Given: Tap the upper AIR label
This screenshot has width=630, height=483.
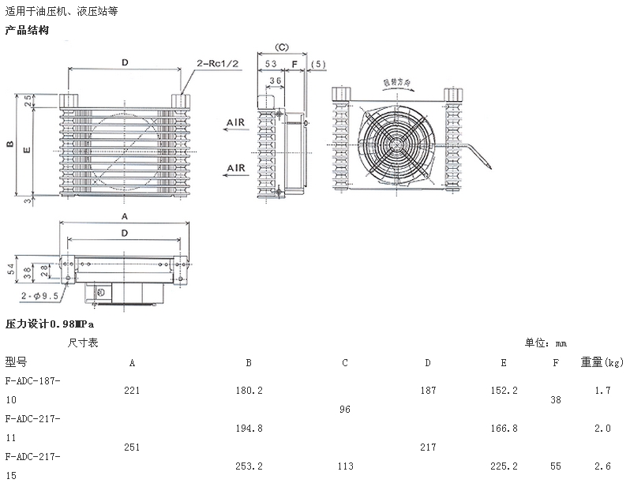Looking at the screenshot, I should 235,123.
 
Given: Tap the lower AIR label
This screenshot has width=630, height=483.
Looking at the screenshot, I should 235,168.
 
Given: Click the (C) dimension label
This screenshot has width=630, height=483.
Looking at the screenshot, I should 281,48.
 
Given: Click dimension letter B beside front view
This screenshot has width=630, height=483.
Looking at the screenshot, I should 9,144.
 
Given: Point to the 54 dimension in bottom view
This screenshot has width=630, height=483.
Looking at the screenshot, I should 10,268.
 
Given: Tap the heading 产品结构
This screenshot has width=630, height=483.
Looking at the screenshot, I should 28,30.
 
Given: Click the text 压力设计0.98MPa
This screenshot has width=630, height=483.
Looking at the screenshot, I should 50,324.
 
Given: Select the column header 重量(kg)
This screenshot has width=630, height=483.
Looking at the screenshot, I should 602,362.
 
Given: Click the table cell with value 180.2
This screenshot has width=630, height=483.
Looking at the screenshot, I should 249,390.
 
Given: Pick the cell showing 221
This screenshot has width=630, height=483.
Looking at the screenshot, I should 132,390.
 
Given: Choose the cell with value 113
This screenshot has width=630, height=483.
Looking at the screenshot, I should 345,466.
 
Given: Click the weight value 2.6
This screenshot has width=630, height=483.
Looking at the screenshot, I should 602,466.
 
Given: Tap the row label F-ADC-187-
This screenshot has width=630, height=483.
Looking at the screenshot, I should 32,380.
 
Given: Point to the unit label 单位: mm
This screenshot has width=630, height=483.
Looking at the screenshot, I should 546,343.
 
